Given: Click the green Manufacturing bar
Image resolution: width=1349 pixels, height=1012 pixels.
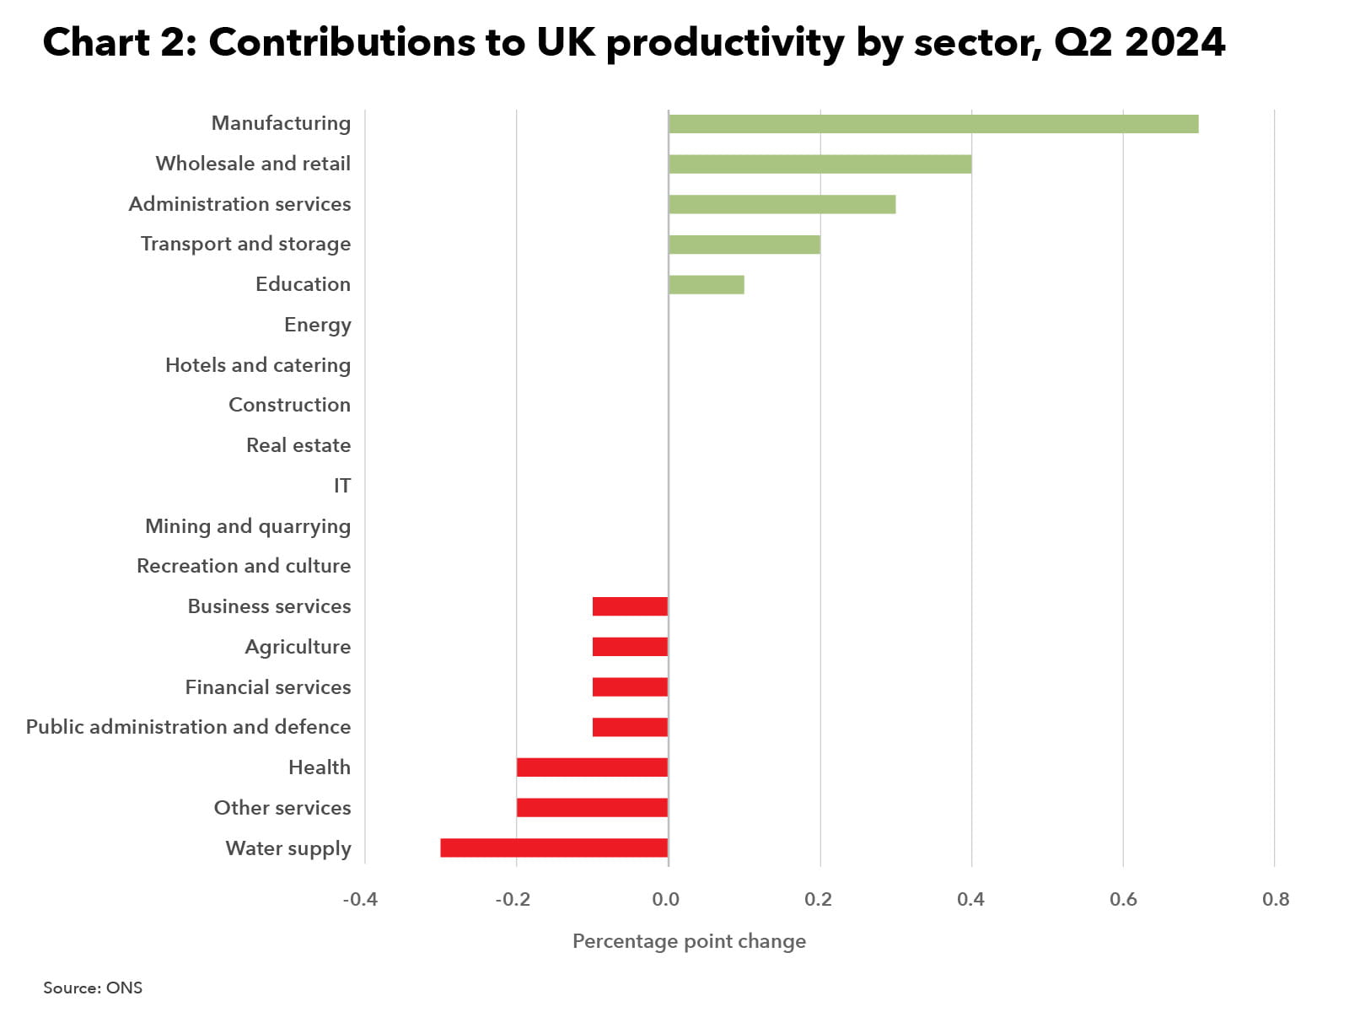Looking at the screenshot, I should click(932, 124).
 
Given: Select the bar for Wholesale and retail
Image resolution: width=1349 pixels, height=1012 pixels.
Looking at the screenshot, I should click(820, 164).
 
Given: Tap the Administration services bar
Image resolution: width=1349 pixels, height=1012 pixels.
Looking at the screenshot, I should click(782, 204).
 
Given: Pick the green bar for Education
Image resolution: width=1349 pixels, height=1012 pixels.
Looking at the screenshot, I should click(706, 284).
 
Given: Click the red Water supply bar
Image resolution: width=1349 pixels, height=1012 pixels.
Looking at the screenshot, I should click(554, 848).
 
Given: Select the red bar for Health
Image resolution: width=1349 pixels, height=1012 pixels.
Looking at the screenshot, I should click(592, 767).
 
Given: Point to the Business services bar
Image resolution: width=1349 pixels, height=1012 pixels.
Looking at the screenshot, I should click(630, 606).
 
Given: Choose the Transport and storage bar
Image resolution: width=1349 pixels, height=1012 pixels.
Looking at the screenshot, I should click(744, 245).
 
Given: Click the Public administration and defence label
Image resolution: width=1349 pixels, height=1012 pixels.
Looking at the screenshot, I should click(188, 727).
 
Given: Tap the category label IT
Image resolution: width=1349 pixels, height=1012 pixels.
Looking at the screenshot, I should click(341, 486).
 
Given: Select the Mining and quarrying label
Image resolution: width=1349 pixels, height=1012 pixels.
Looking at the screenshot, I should click(248, 526).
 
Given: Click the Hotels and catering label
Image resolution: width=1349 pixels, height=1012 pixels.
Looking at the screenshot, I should click(258, 365).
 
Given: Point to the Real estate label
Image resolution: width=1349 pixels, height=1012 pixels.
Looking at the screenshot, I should click(298, 445).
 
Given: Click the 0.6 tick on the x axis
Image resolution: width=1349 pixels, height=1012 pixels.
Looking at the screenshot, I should click(1123, 899).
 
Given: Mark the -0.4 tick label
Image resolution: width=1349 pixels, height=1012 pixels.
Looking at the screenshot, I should click(360, 899).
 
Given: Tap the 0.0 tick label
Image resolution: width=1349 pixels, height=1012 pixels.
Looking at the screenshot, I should click(666, 899).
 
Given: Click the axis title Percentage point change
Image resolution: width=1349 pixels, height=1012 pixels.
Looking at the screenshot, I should click(689, 941).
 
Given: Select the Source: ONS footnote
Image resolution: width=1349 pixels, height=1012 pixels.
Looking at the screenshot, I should click(93, 988).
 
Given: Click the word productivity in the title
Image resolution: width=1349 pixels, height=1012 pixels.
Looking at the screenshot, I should click(724, 43).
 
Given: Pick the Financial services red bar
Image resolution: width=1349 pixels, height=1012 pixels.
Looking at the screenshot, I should click(630, 687).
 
